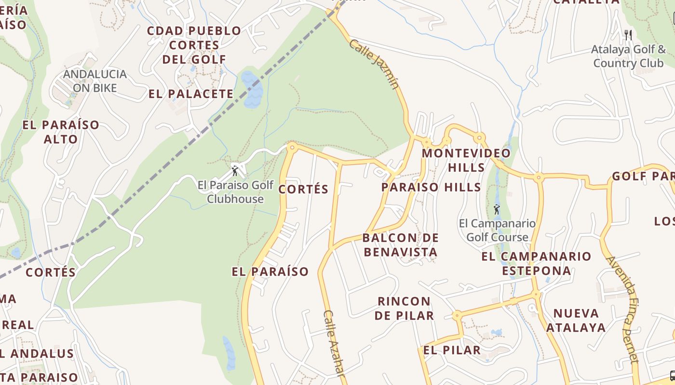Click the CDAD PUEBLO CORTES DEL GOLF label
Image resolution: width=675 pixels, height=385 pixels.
(194, 45)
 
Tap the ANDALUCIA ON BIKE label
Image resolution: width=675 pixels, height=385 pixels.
(95, 81)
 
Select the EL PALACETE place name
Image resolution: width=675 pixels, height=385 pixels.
(191, 94)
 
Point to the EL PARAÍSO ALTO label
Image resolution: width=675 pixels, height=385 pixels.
(61, 132)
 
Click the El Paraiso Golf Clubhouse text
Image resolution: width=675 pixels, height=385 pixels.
(235, 192)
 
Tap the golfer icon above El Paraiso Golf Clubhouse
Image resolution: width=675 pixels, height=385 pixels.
(235, 171)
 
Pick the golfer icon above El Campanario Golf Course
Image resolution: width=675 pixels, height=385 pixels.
(497, 209)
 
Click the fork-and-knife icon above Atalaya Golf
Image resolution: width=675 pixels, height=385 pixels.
(628, 35)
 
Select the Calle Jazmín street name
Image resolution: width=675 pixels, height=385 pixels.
(374, 64)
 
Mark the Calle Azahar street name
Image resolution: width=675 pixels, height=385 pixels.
(334, 343)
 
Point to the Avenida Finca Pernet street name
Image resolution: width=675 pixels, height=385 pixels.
(622, 309)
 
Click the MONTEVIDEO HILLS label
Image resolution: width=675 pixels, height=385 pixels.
(466, 160)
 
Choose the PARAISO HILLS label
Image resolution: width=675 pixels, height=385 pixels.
(431, 187)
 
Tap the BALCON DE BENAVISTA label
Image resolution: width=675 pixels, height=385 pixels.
(401, 244)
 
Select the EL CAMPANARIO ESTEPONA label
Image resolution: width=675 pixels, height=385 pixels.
(536, 263)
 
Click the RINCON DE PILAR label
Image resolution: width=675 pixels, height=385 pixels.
(404, 308)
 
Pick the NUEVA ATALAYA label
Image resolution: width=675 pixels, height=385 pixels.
(576, 321)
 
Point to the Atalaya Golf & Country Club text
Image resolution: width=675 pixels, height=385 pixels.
(628, 56)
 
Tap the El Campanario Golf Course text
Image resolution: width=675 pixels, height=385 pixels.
(497, 230)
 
